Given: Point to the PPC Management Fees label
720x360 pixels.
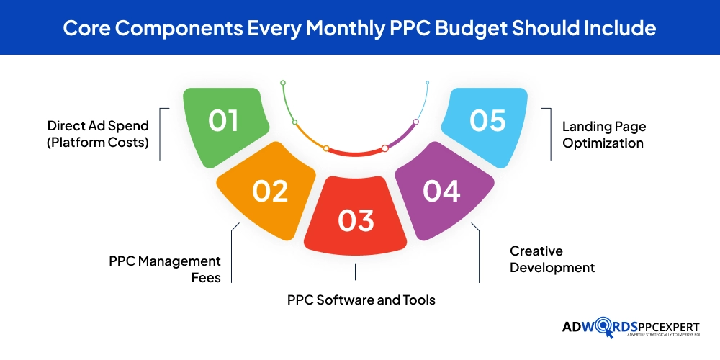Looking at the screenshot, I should [165, 268].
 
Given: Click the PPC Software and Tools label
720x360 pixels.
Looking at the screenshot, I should [361, 299].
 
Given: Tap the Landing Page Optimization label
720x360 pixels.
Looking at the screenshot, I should [604, 135].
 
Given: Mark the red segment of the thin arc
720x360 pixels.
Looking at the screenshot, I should [356, 152].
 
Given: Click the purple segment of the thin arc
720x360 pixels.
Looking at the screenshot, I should [402, 137].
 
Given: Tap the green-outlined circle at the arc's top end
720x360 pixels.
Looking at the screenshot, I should [283, 83].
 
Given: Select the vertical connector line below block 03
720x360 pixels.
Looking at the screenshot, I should [356, 271].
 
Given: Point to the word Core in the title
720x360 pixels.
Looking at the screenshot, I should [84, 28].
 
